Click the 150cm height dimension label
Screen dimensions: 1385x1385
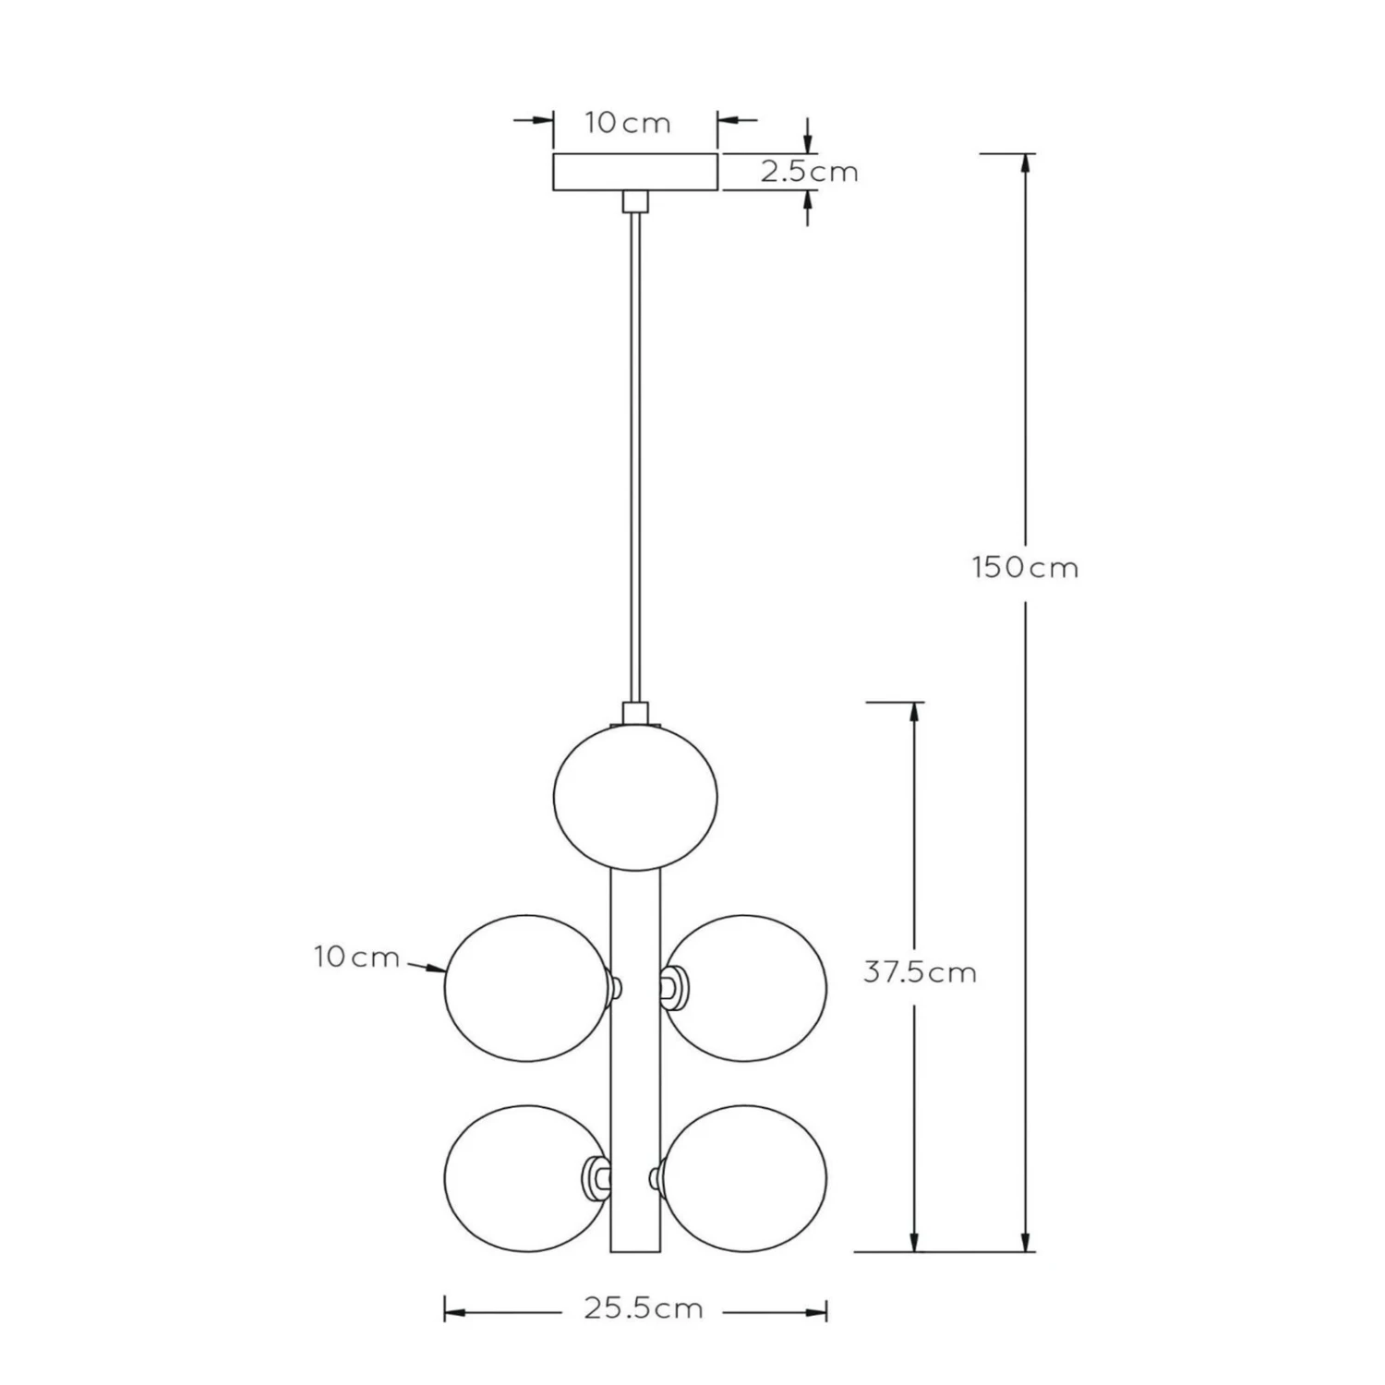coord(1025,567)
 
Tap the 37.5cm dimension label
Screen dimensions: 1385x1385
coord(920,972)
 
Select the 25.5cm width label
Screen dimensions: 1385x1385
coord(644,1308)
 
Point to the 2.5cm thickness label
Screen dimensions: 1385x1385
coord(810,172)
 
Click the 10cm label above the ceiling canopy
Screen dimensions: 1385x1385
coord(628,123)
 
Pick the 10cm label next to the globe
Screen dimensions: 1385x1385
coord(356,957)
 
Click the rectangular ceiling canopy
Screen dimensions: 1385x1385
coord(635,172)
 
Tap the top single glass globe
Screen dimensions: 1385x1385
coord(635,797)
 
